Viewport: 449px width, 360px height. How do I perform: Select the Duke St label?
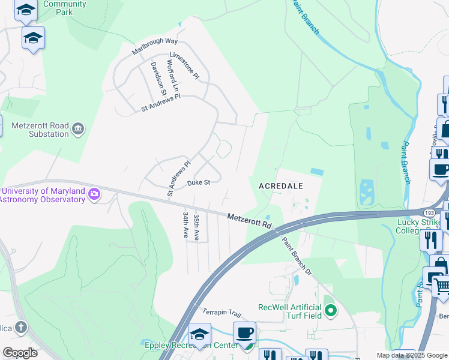pos(199,182)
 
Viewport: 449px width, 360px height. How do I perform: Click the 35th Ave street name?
pos(196,225)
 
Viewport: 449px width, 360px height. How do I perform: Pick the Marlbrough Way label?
pos(155,46)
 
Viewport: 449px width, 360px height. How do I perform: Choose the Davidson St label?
pos(158,78)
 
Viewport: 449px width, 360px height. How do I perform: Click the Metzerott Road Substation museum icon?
pos(78,129)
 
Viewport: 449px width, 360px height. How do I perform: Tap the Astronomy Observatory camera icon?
pos(94,194)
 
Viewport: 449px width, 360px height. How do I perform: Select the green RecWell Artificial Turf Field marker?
pos(331,311)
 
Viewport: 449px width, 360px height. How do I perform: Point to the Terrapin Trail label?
pos(221,313)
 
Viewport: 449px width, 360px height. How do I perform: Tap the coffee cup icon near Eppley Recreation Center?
pos(244,333)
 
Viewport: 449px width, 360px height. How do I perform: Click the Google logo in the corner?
pos(20,352)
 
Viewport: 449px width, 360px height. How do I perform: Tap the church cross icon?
pos(21,327)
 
